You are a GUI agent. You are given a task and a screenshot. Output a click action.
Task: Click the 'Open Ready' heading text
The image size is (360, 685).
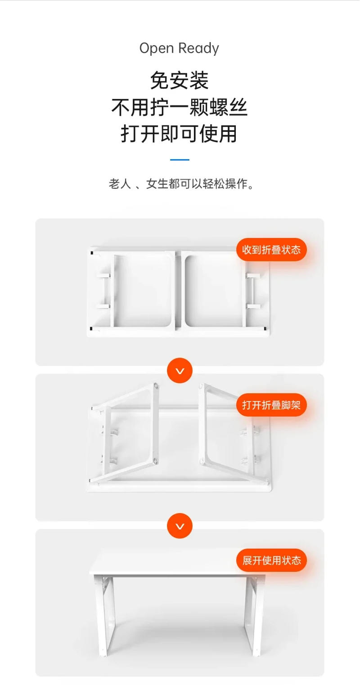[x=179, y=48]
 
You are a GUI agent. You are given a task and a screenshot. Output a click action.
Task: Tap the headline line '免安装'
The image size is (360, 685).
[x=180, y=81]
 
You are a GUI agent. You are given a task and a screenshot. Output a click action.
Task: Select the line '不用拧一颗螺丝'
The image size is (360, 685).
[x=180, y=107]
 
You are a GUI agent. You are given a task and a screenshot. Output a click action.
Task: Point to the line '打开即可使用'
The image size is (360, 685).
[x=179, y=134]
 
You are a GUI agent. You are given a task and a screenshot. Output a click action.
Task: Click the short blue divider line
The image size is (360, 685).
[x=180, y=160]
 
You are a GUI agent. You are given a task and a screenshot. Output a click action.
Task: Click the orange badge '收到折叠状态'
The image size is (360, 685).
[x=271, y=250]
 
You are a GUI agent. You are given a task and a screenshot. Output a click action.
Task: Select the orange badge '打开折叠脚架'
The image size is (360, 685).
[x=271, y=405]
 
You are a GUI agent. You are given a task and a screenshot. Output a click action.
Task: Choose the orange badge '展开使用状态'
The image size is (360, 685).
[x=271, y=560]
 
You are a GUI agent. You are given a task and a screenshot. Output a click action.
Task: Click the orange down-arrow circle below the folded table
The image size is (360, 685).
[x=180, y=371]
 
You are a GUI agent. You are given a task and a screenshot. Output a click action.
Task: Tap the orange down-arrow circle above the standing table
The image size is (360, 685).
[x=180, y=526]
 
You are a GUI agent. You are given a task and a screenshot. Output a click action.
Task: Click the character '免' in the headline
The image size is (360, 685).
[x=160, y=81]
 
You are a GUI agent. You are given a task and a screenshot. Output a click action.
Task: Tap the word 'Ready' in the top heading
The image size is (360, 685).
[x=198, y=48]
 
